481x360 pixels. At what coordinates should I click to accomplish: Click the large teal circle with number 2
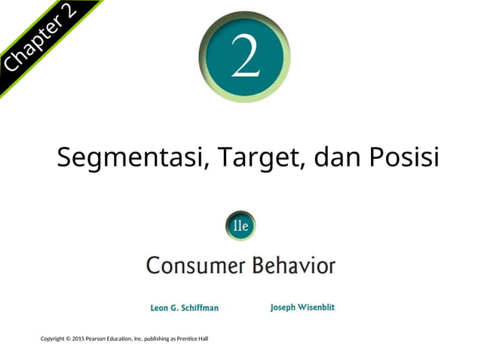244,57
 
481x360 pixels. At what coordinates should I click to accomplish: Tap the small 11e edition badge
240,225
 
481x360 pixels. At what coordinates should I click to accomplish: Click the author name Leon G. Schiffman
185,307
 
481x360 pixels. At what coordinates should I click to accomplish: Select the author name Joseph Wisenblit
302,307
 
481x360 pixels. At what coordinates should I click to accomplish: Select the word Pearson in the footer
100,338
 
